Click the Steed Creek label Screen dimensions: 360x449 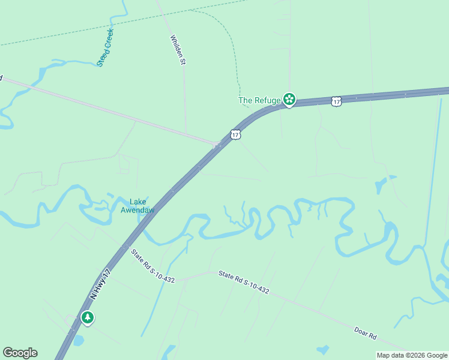(106, 47)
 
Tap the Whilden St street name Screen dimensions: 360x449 (176, 50)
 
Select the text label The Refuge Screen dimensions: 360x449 (259, 100)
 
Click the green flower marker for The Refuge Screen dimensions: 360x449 (289, 100)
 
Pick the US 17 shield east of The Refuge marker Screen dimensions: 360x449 (337, 101)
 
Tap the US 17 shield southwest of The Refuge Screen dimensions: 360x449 (235, 134)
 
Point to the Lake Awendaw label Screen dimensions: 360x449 (137, 206)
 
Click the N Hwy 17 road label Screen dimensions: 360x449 (100, 284)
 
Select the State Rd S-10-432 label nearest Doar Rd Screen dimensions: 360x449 (243, 282)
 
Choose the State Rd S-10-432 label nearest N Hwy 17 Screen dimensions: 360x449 (153, 266)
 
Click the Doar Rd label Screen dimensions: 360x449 (364, 332)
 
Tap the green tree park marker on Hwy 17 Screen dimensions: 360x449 (88, 317)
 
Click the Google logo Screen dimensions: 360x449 (20, 353)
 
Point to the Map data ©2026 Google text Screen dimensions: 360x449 (412, 355)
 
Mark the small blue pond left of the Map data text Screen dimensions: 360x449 (323, 349)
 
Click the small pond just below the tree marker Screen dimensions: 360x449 (78, 340)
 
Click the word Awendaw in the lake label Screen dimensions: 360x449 (137, 210)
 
